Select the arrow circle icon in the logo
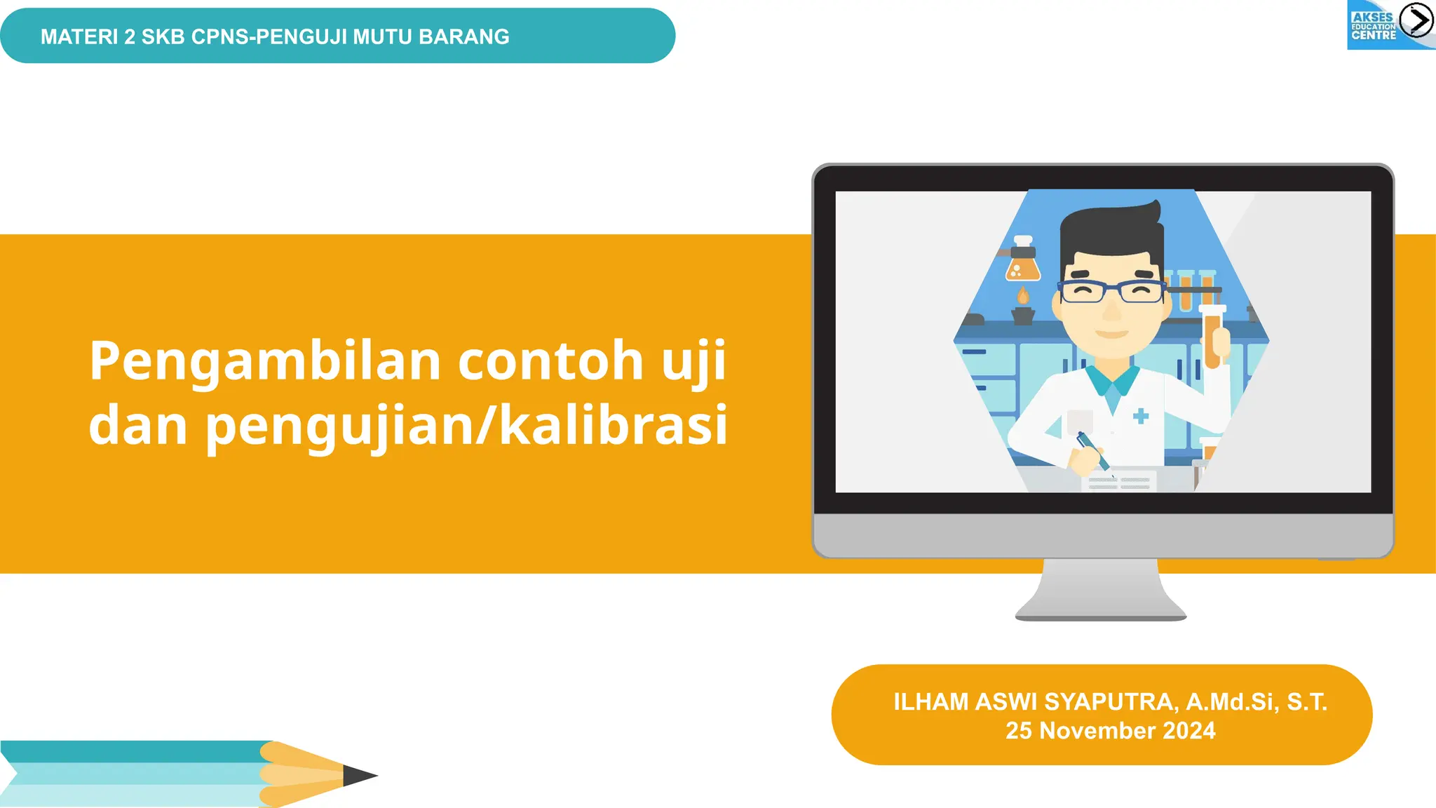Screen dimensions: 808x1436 click(1416, 20)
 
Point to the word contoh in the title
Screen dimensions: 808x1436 click(550, 361)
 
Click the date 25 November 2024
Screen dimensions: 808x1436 click(1110, 731)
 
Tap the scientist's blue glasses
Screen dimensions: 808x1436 click(1111, 291)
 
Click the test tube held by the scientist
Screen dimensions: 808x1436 click(1212, 337)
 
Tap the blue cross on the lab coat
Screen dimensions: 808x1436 click(1141, 416)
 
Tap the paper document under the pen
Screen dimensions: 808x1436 click(1119, 482)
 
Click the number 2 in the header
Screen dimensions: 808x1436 click(130, 36)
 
